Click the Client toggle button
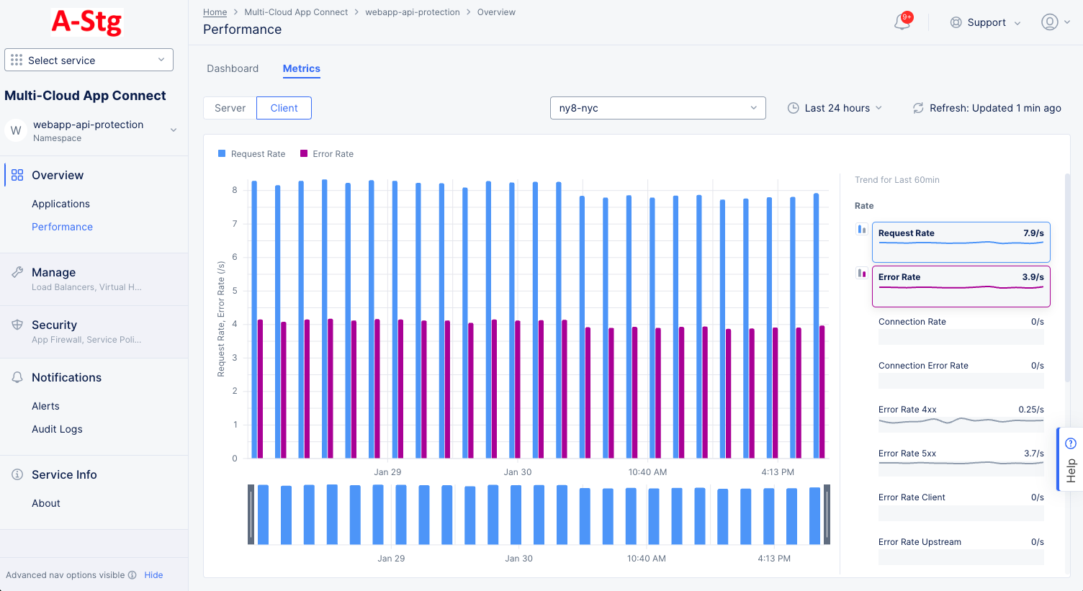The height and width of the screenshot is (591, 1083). pos(284,108)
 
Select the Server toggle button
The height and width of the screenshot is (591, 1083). pos(230,108)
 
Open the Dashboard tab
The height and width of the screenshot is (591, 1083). pos(233,68)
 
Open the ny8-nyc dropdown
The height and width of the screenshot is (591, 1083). pos(657,108)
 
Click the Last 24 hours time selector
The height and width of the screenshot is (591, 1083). pos(835,108)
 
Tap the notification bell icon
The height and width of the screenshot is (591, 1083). pos(902,22)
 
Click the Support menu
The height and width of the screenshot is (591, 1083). pos(985,22)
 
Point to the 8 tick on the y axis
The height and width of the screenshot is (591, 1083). pos(235,190)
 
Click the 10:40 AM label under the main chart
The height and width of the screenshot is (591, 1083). pos(647,472)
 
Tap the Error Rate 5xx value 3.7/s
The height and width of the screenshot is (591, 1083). pos(1033,454)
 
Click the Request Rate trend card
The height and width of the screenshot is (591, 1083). pos(961,243)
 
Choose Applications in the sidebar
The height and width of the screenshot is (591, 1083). pos(60,204)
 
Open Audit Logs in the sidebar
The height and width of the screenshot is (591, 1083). pos(57,429)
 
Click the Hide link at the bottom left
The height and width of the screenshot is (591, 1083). pos(153,575)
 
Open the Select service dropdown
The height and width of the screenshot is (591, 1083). pos(89,60)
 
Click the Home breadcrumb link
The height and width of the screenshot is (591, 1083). pos(215,12)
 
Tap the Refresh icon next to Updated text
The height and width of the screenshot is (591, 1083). pos(918,108)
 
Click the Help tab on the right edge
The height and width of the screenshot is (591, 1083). pos(1070,461)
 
